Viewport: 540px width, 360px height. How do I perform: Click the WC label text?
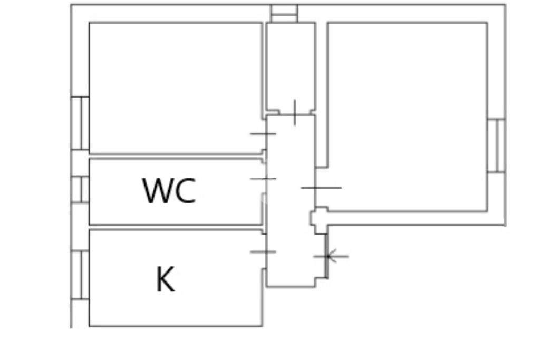pyautogui.click(x=169, y=191)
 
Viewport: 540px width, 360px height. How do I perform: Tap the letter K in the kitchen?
pyautogui.click(x=165, y=279)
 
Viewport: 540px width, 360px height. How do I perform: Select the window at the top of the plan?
pyautogui.click(x=284, y=13)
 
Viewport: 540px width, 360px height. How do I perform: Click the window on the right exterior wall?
pyautogui.click(x=496, y=145)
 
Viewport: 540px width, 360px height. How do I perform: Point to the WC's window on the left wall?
pyautogui.click(x=80, y=190)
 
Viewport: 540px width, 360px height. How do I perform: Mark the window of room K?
pyautogui.click(x=80, y=275)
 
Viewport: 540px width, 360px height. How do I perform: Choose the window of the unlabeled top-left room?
pyautogui.click(x=80, y=123)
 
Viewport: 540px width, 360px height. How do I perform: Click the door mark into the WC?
pyautogui.click(x=263, y=179)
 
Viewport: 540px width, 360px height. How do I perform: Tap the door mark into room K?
pyautogui.click(x=263, y=251)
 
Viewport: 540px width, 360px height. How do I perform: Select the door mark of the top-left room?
pyautogui.click(x=263, y=134)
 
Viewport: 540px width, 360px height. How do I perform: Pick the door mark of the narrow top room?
pyautogui.click(x=294, y=112)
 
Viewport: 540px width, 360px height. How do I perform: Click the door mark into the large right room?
pyautogui.click(x=321, y=187)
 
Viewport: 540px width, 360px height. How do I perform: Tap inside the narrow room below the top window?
pyautogui.click(x=290, y=63)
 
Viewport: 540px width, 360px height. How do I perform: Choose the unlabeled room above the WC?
pyautogui.click(x=175, y=87)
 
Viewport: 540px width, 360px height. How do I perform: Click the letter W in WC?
pyautogui.click(x=157, y=191)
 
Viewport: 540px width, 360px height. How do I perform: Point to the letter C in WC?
pyautogui.click(x=185, y=191)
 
